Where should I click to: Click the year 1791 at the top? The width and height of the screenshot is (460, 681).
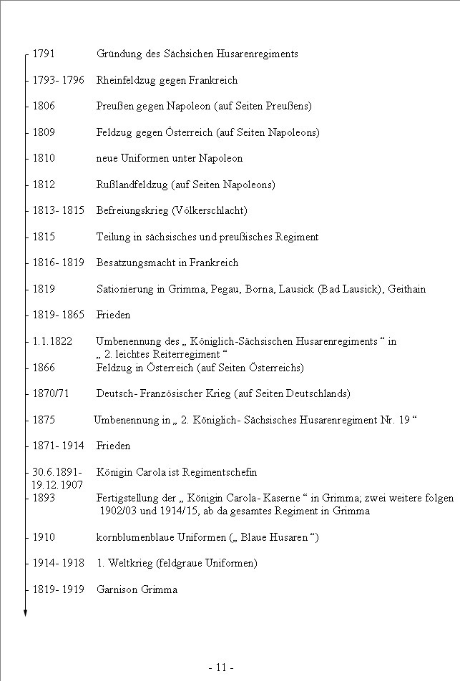(x=44, y=54)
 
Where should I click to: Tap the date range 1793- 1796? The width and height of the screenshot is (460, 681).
(x=59, y=80)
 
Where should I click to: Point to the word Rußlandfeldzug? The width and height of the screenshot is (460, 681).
(x=132, y=185)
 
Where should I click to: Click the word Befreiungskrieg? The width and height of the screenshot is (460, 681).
(x=132, y=211)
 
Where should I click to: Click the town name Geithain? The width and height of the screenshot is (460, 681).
(x=406, y=289)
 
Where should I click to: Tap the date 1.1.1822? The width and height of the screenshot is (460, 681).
(x=52, y=341)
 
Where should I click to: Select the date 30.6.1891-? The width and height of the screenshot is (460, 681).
(x=57, y=472)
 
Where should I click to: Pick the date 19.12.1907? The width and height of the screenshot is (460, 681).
(x=58, y=485)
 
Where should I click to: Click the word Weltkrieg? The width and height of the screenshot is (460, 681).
(x=127, y=564)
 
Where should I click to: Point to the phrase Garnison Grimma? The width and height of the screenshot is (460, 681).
(x=137, y=590)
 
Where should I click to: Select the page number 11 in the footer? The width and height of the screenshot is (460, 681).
(x=222, y=667)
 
